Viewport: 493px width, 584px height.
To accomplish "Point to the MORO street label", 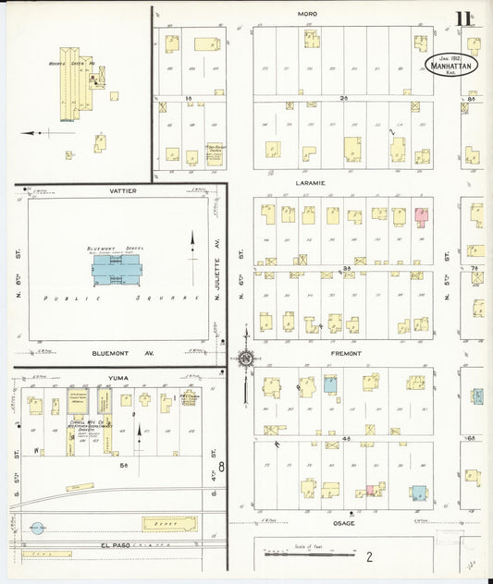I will [308, 14].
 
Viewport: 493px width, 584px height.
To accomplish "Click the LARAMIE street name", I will [311, 183].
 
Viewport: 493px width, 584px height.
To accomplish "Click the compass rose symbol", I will [246, 359].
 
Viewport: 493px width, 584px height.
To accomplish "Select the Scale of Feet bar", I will [309, 554].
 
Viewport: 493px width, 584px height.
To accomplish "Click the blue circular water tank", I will [37, 529].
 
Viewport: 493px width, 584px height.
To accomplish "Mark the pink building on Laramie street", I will [421, 217].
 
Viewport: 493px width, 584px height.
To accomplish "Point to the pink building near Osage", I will [373, 490].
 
